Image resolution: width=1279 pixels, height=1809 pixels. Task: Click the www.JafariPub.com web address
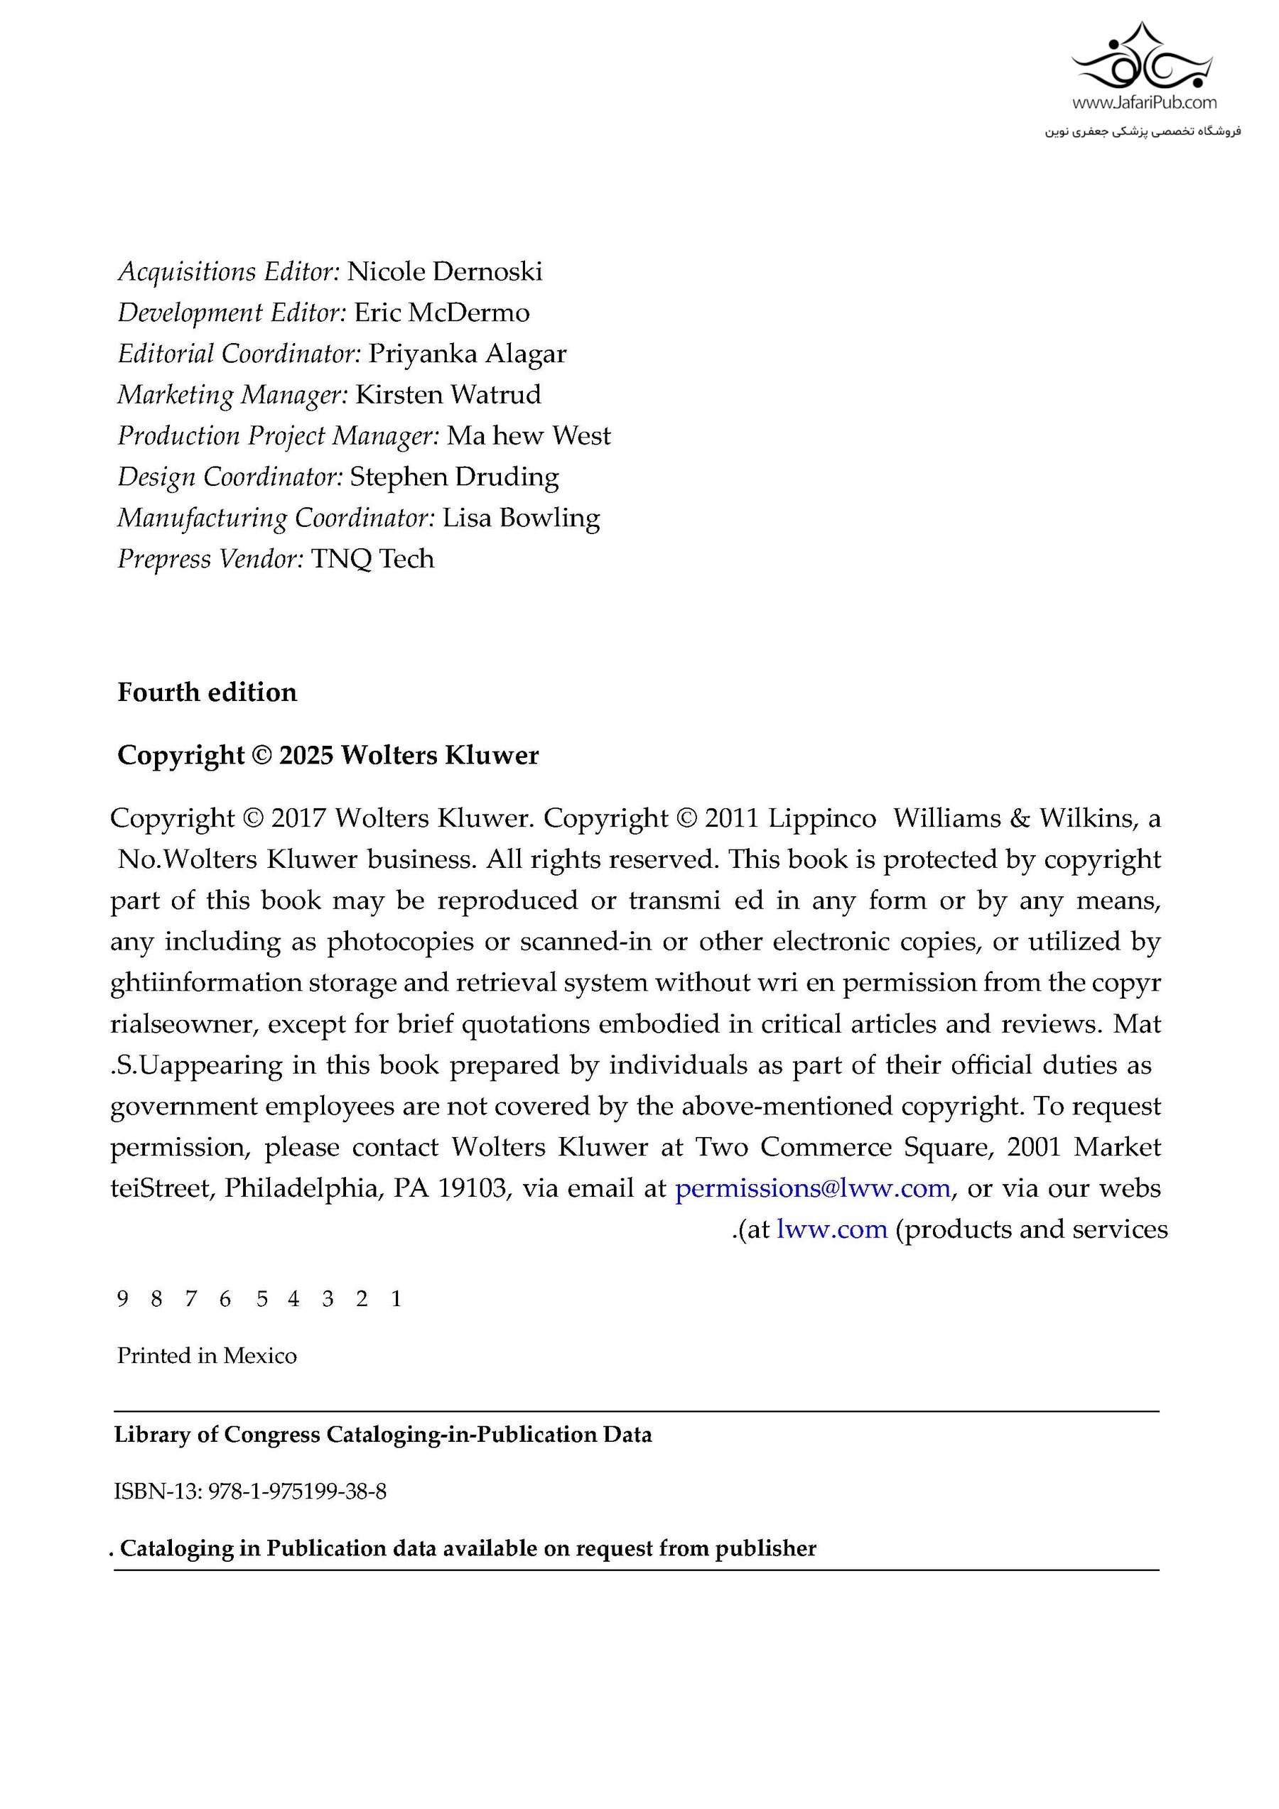1143,102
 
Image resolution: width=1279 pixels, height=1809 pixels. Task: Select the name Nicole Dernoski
445,272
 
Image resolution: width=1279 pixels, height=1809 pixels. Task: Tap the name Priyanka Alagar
467,354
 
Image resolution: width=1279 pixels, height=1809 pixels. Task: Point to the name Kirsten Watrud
448,395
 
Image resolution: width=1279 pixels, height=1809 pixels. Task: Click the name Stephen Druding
454,477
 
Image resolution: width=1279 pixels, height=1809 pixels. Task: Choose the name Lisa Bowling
521,518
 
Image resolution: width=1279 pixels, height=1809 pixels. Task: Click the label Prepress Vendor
210,560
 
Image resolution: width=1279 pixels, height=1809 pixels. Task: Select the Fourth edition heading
207,692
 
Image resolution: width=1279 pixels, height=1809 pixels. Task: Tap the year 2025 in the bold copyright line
306,756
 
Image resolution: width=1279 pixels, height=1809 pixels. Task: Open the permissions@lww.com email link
812,1188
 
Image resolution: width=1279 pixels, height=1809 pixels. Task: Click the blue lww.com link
831,1229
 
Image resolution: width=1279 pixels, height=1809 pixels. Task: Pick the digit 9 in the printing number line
122,1298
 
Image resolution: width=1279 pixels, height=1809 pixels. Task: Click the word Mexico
260,1355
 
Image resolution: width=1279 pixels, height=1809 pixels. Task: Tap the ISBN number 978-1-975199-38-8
297,1492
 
